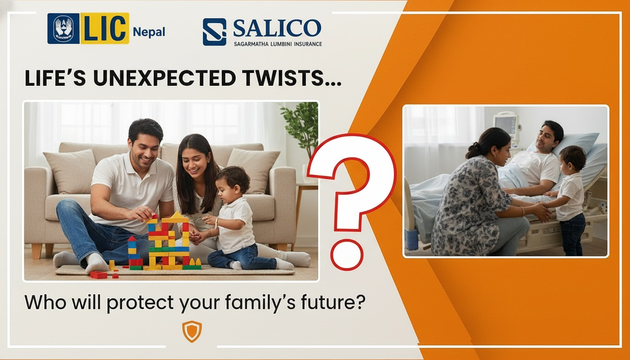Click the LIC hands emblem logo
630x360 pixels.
point(63,29)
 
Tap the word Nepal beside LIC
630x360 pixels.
point(149,32)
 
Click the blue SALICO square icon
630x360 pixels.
point(214,32)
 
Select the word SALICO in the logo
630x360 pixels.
point(277,28)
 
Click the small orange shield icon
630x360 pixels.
point(192,332)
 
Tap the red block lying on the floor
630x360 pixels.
point(98,275)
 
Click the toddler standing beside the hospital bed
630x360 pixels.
point(570,200)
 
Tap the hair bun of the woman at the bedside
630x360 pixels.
point(473,150)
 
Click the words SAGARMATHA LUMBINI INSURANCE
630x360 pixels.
point(278,44)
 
